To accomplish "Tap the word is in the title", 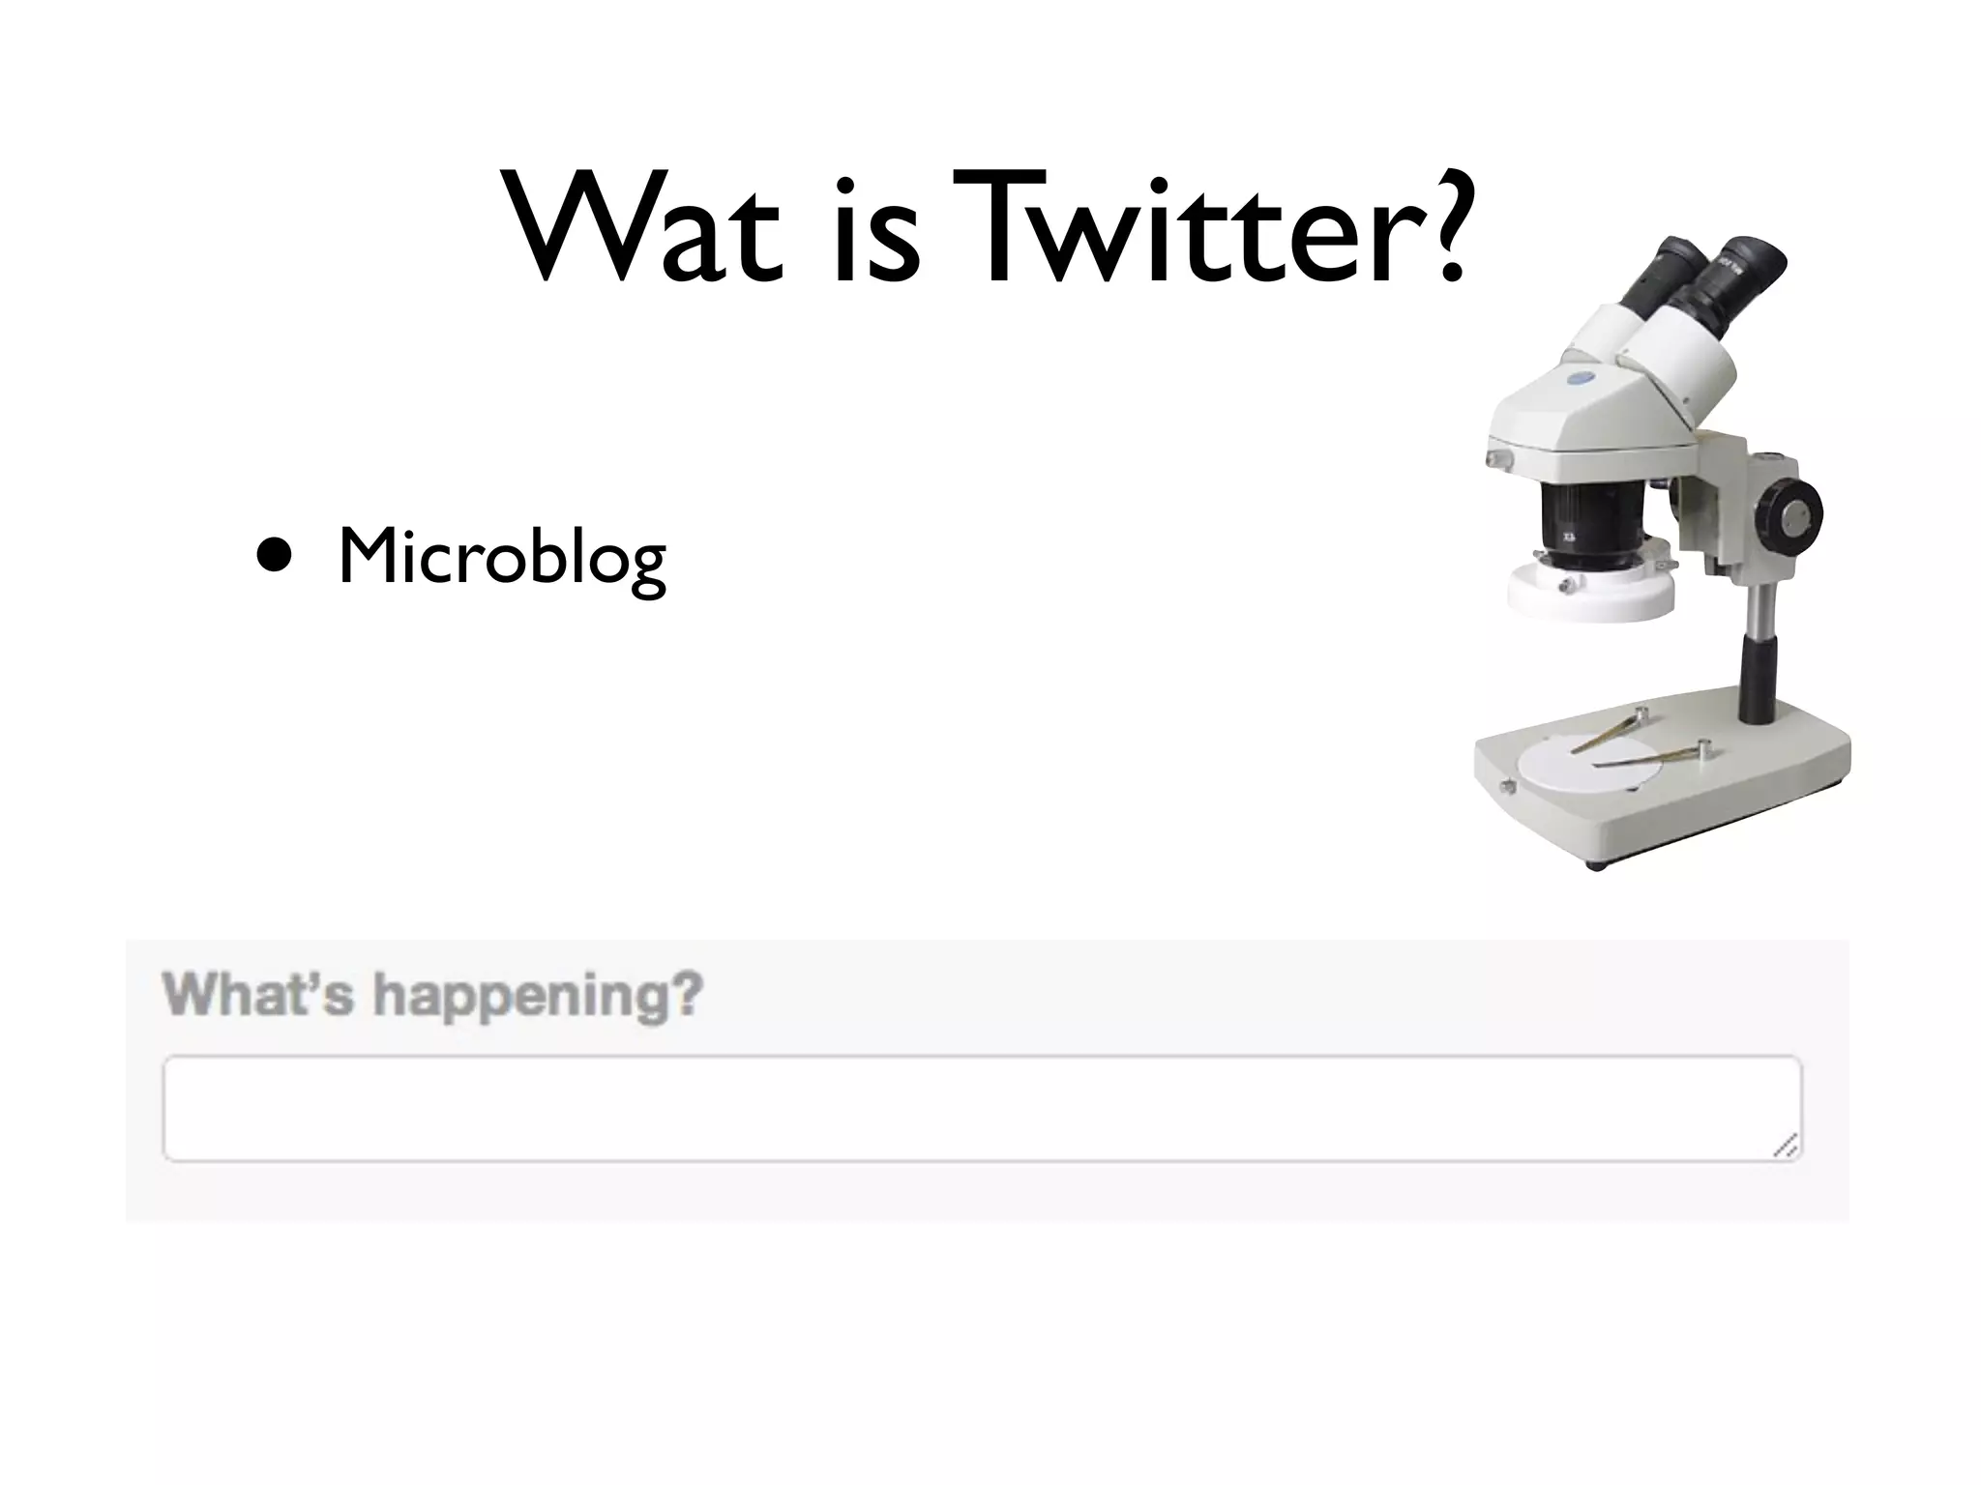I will coord(875,230).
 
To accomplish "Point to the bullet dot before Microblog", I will coord(275,559).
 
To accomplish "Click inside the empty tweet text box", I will coord(967,1108).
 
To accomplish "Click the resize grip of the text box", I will coord(1788,1147).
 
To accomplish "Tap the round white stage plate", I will coord(1587,770).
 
